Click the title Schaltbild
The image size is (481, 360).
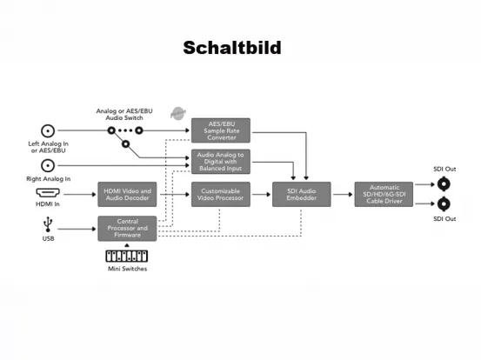point(232,48)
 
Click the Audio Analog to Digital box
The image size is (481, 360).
point(220,162)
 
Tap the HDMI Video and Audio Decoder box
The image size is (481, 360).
point(127,194)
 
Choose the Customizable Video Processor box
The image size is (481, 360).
point(220,194)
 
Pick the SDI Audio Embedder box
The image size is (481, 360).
point(297,194)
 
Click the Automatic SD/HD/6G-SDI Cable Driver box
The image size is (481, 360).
point(383,194)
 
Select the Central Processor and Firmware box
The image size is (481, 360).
point(127,229)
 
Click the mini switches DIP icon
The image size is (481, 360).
point(126,257)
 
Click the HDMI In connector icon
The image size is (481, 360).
point(48,193)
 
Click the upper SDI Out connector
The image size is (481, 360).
point(444,183)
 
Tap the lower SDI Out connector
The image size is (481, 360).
point(444,205)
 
